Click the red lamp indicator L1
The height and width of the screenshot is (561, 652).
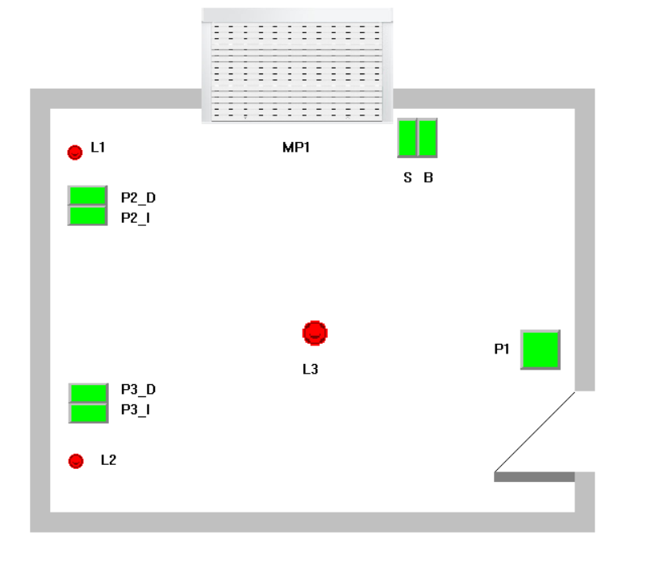(x=75, y=152)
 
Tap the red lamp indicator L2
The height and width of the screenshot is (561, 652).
(x=76, y=461)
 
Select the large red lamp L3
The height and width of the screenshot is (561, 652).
(x=316, y=333)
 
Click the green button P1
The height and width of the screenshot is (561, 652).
(x=540, y=350)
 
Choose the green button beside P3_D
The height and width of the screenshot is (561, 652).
(x=88, y=392)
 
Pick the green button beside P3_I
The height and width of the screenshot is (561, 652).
(x=88, y=412)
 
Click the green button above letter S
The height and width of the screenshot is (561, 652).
(x=407, y=138)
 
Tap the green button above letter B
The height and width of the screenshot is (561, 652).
(x=427, y=138)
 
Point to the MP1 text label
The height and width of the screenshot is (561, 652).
(x=296, y=148)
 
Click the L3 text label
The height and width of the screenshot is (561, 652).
(x=311, y=370)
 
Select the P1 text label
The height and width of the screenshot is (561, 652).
(x=502, y=349)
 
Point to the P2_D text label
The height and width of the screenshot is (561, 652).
(x=138, y=197)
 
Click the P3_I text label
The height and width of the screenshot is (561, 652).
(x=136, y=409)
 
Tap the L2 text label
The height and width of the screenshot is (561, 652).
(x=108, y=460)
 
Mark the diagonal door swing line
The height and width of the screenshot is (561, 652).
(x=535, y=431)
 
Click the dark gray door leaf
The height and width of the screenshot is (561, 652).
(x=534, y=477)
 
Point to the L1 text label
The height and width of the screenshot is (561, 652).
(x=98, y=148)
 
